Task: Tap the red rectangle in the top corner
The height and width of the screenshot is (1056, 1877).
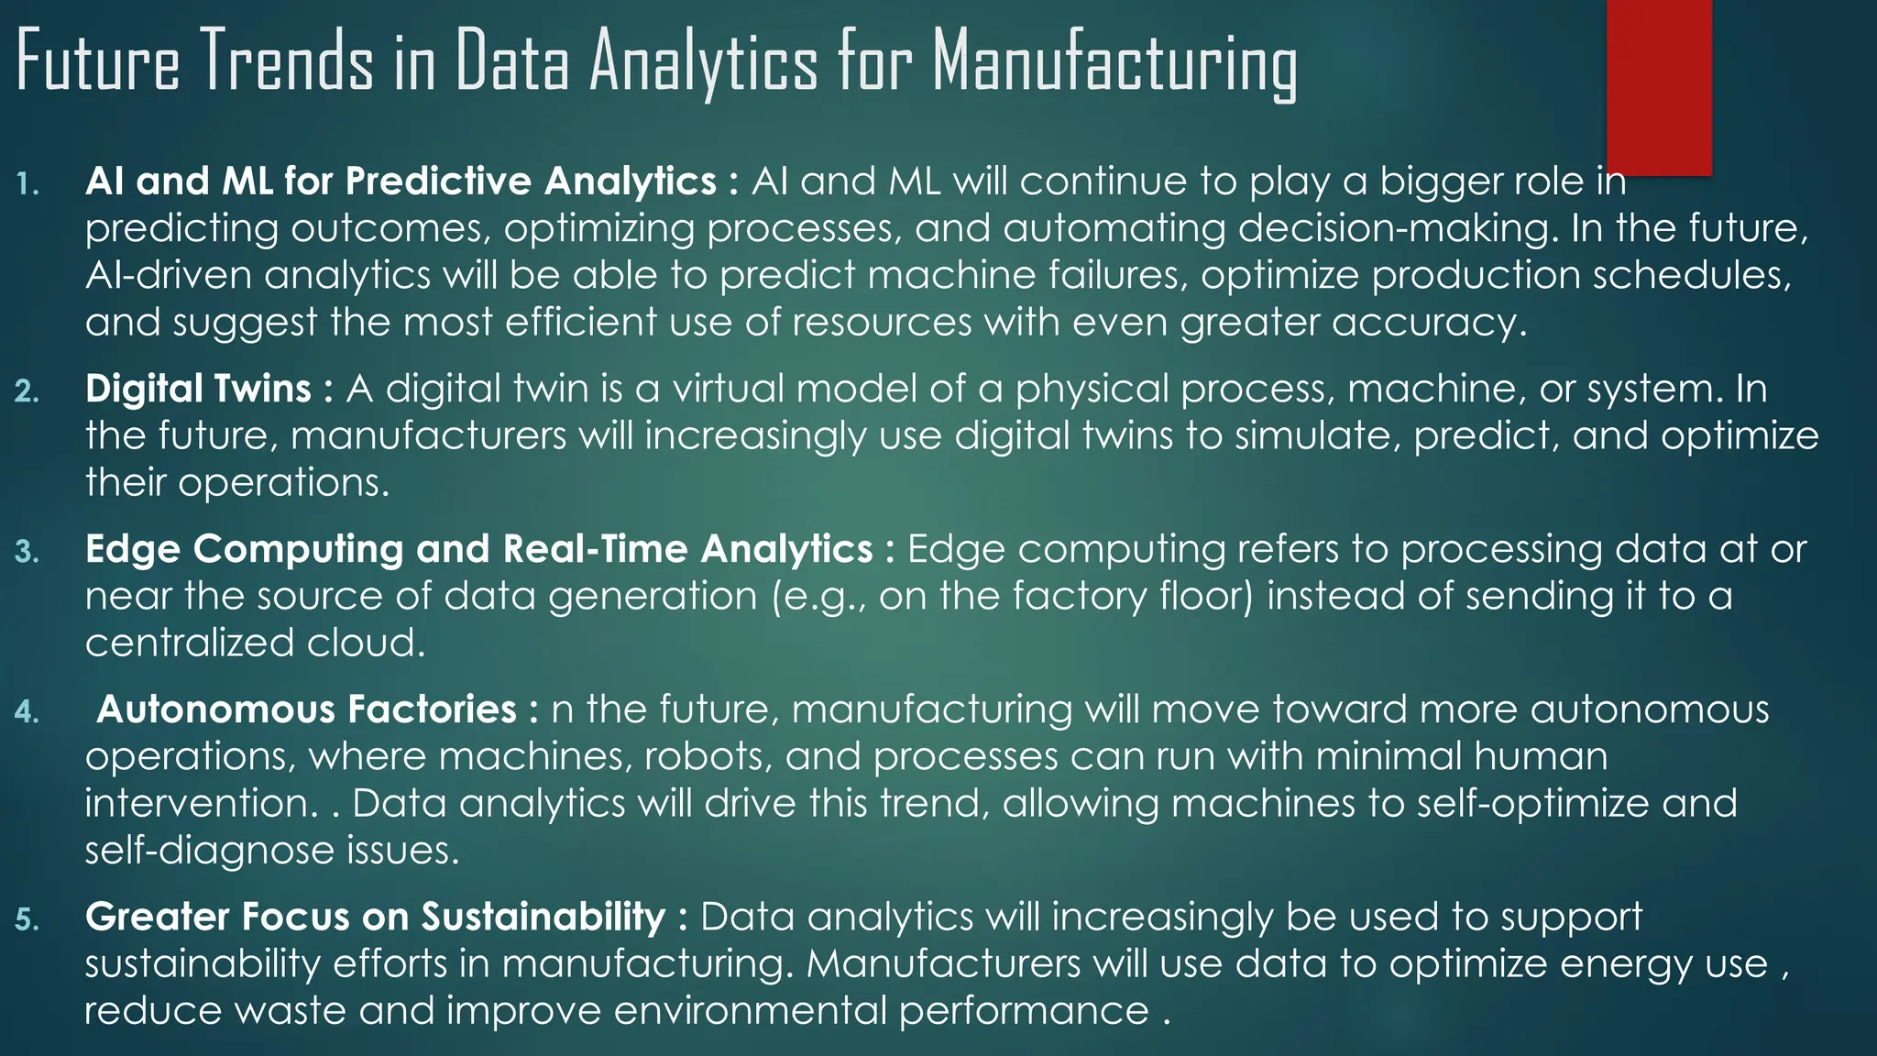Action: pos(1659,86)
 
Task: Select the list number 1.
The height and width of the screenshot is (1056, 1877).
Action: pos(28,184)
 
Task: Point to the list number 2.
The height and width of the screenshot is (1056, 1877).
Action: pos(27,391)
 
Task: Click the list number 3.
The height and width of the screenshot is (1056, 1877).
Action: pos(27,552)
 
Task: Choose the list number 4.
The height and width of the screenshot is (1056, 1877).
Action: pos(27,712)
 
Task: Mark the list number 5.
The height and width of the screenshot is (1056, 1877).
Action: pos(27,919)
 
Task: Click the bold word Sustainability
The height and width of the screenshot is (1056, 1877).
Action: pos(543,917)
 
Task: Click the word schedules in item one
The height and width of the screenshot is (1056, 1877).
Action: pos(1692,275)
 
